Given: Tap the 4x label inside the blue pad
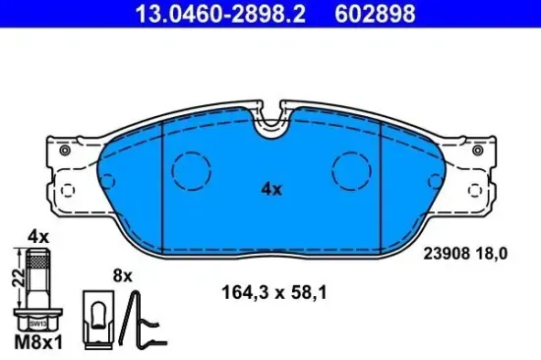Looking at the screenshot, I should (270, 189).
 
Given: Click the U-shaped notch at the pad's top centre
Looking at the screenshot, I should (270, 124).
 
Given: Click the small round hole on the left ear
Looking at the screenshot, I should (65, 151).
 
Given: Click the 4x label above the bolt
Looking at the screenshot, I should (38, 237).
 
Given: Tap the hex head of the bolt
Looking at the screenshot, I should (39, 319).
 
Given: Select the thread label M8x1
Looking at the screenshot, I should (38, 343).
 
